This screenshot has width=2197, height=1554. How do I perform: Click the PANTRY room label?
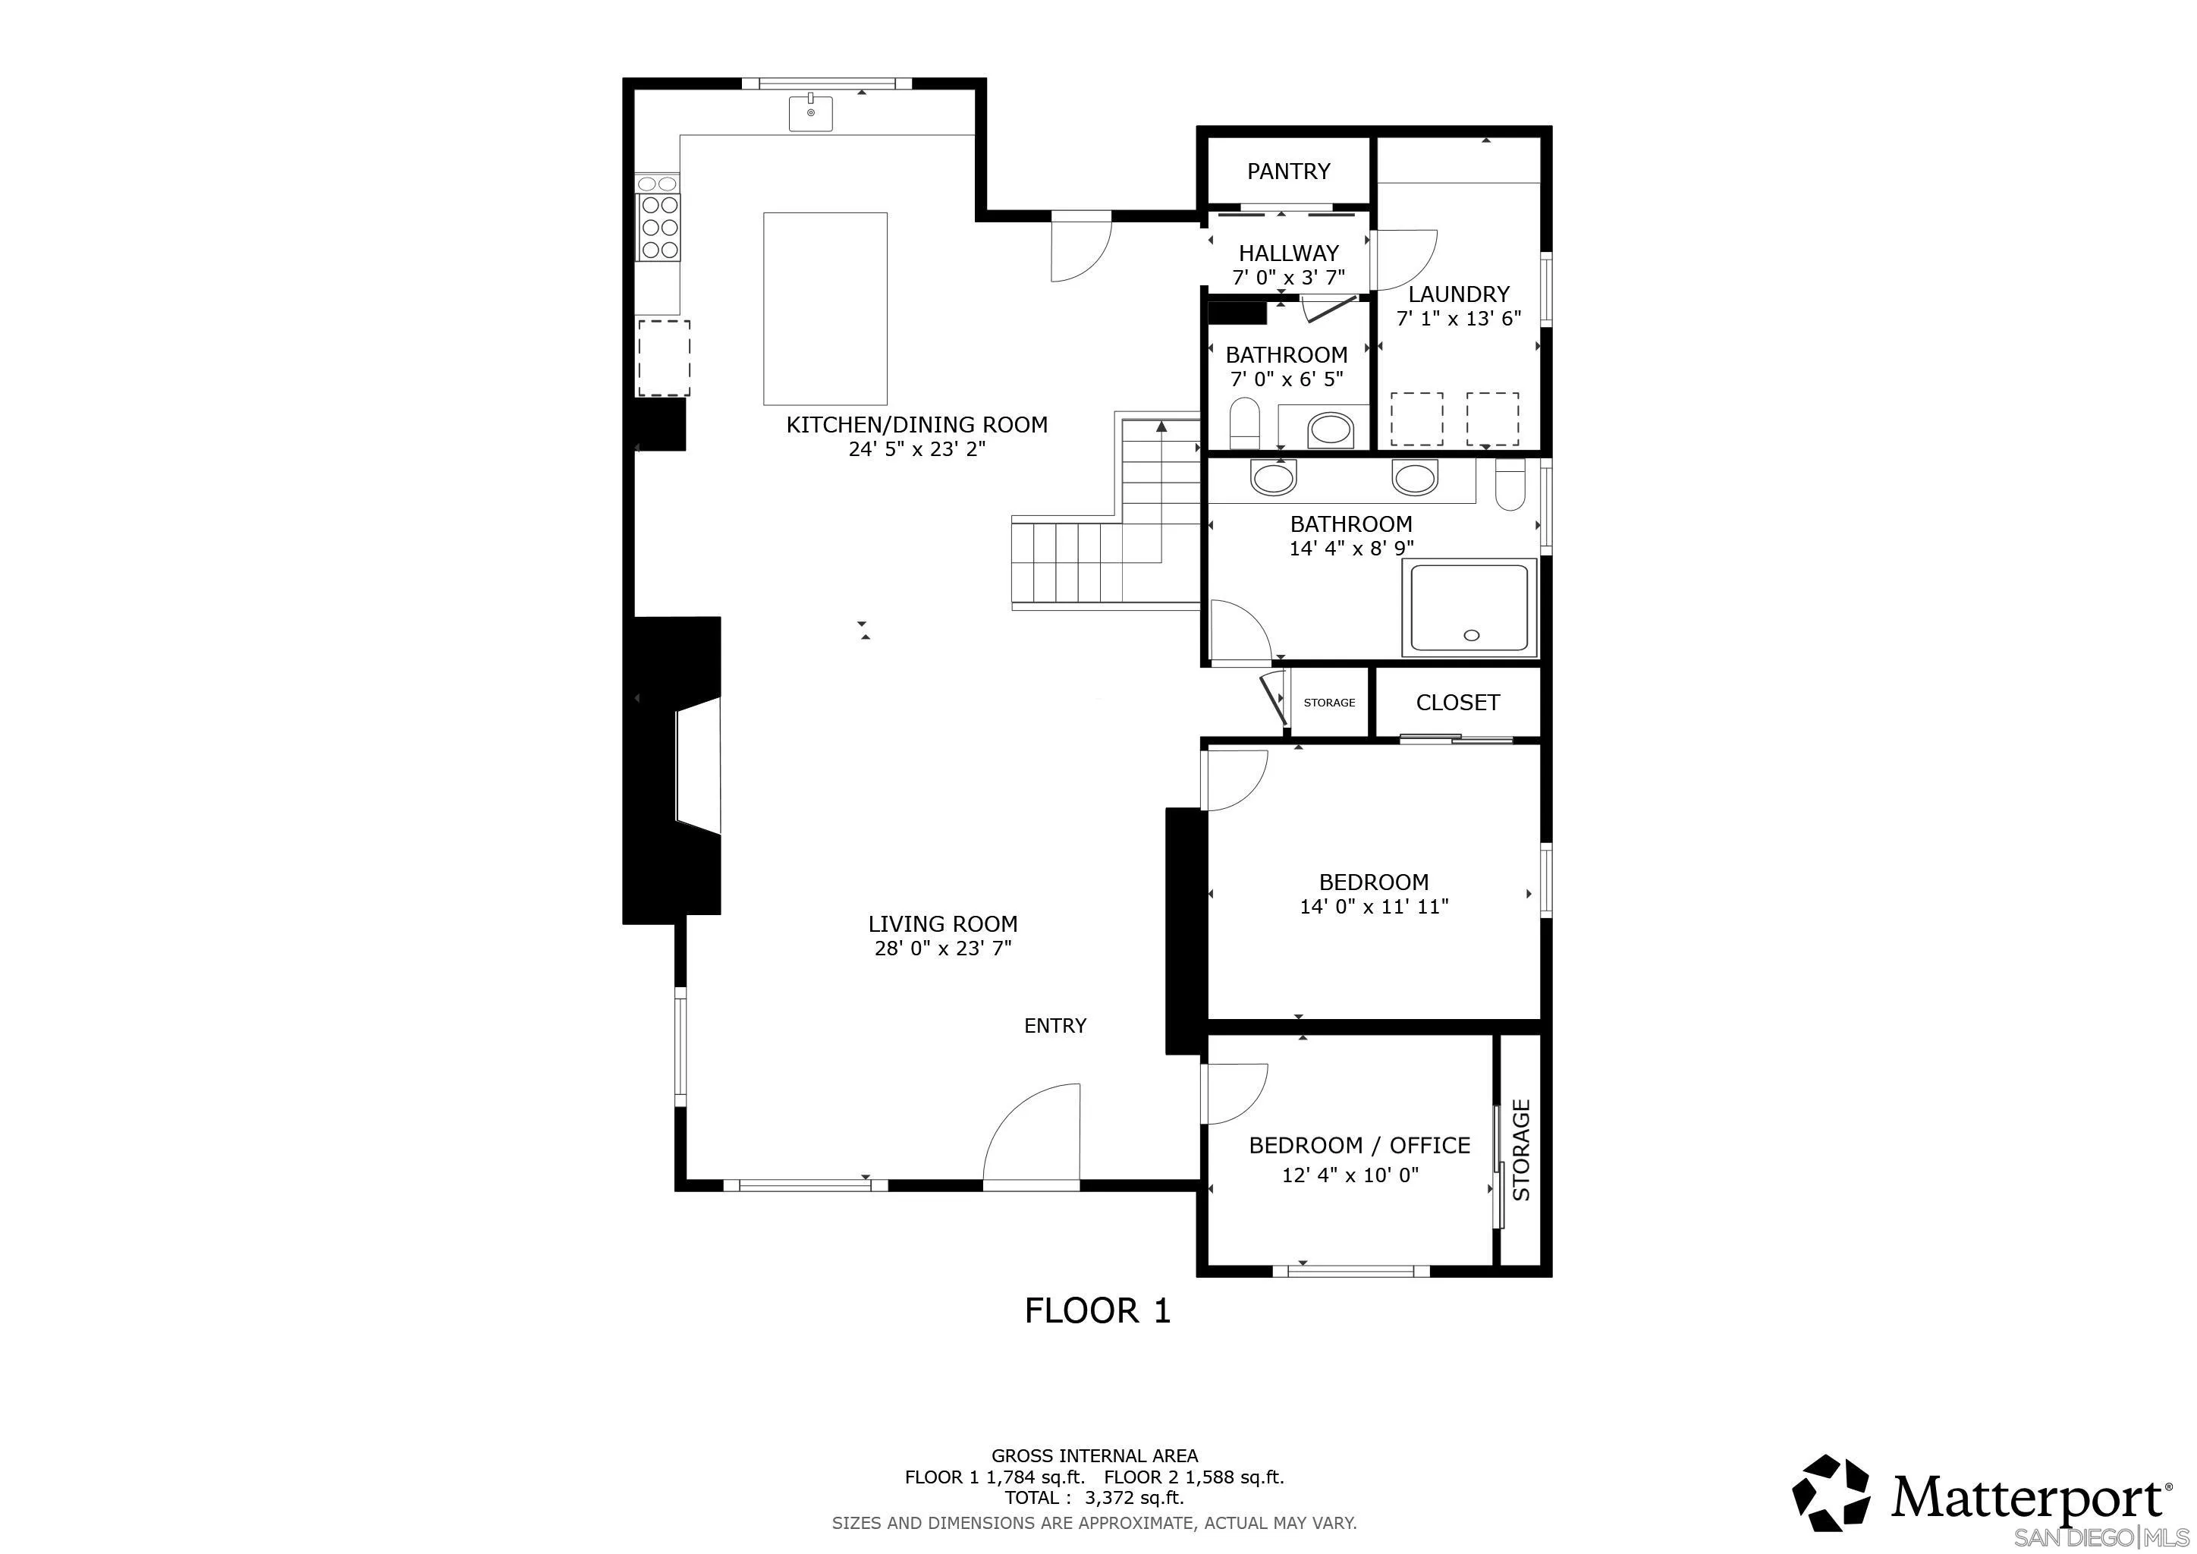click(x=1288, y=171)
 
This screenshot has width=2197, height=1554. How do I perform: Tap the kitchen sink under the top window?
click(x=810, y=113)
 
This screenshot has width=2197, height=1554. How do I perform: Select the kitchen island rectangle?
click(x=825, y=308)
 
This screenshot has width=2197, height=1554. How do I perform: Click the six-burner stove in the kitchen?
click(x=659, y=227)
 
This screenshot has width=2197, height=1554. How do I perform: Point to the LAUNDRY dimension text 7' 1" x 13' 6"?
click(x=1458, y=319)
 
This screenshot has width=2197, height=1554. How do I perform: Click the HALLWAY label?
click(x=1288, y=253)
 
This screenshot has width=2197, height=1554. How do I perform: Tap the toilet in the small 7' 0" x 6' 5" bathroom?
click(x=1244, y=422)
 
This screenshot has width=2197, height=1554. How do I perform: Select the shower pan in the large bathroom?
click(x=1469, y=609)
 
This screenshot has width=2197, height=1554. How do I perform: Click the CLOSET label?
click(x=1457, y=703)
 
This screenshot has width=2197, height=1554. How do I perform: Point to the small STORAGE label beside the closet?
click(x=1329, y=703)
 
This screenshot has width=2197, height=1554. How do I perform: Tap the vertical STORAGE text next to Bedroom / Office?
click(x=1522, y=1150)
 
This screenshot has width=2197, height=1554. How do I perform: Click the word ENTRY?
click(x=1054, y=1026)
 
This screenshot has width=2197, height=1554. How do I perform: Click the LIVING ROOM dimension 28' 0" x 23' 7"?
click(x=942, y=948)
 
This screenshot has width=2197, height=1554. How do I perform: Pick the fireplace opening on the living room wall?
click(x=696, y=766)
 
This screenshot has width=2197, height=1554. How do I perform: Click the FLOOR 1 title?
click(x=1098, y=1310)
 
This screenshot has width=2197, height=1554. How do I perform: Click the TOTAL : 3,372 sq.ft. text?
click(x=1094, y=1498)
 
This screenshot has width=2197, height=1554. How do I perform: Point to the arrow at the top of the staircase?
click(x=1161, y=428)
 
